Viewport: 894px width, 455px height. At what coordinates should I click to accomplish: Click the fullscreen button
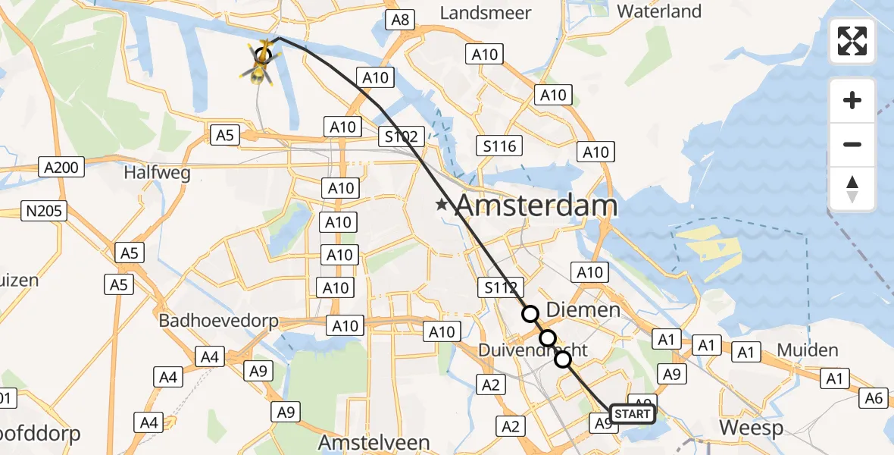(x=852, y=41)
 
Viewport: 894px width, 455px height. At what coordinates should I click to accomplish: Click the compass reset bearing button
(x=852, y=189)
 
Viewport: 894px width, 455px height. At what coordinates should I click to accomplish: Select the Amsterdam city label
(x=536, y=206)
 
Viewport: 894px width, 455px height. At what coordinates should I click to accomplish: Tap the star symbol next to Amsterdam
(x=442, y=204)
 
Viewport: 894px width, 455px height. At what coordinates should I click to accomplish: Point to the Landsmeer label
(x=485, y=13)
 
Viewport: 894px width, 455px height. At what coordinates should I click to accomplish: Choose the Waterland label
(x=659, y=11)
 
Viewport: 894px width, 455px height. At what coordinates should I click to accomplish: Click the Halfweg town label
(x=158, y=172)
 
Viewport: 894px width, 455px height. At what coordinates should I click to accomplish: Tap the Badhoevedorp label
(x=219, y=320)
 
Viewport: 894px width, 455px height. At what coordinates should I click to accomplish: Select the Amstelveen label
(x=374, y=442)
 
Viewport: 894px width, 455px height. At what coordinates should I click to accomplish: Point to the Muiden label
(x=807, y=350)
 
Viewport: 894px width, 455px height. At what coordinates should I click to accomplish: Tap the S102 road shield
(x=399, y=136)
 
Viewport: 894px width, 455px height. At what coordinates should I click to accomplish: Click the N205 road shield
(x=45, y=211)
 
